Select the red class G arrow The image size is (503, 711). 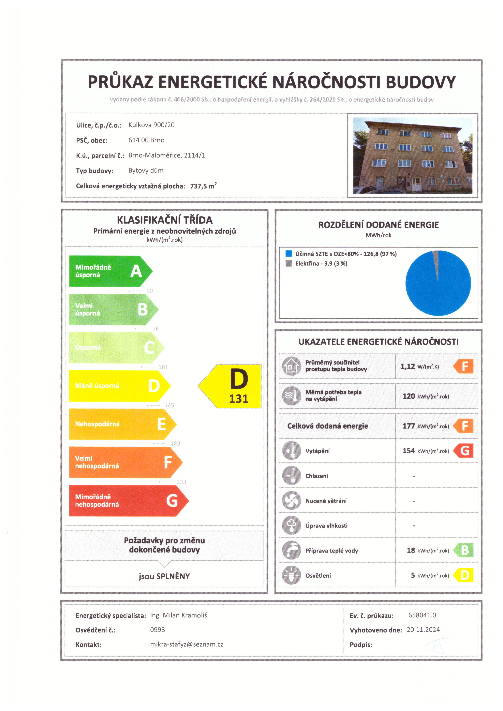click(127, 501)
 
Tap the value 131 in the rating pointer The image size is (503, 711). click(238, 399)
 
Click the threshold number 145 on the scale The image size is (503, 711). click(169, 405)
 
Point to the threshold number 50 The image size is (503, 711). click(150, 291)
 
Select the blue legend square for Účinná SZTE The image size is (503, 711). click(289, 254)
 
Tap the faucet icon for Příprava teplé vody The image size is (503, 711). click(291, 550)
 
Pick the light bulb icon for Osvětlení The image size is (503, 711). click(291, 575)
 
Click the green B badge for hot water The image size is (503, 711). click(464, 550)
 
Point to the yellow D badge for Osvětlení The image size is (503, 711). click(464, 575)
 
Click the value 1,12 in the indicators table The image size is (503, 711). click(408, 366)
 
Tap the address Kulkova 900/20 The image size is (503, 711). click(151, 125)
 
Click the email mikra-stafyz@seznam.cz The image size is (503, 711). click(187, 645)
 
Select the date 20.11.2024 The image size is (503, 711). click(423, 629)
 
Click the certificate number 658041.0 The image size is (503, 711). click(422, 615)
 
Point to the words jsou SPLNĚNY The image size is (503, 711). click(164, 576)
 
